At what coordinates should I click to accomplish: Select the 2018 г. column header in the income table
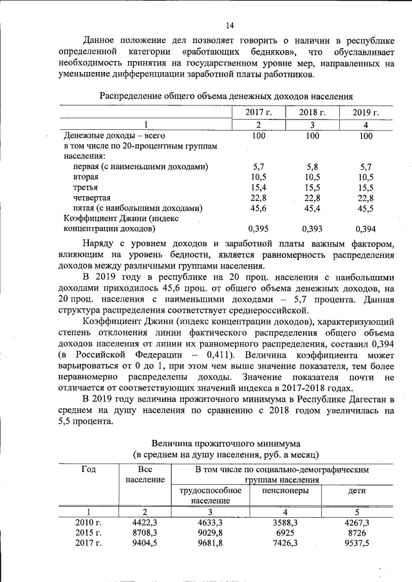tap(312, 113)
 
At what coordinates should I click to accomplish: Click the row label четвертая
tap(92, 197)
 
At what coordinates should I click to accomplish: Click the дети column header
tap(357, 491)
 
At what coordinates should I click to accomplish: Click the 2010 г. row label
tap(89, 523)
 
